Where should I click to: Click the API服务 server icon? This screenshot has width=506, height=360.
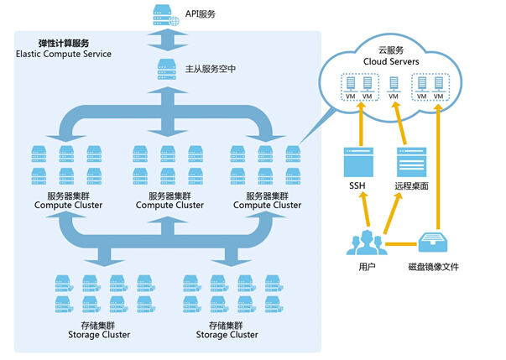[x=160, y=13]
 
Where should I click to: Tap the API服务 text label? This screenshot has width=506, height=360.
[x=201, y=14]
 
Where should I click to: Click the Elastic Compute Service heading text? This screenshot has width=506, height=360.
[x=64, y=54]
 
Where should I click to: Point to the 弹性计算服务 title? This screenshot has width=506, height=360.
[x=64, y=42]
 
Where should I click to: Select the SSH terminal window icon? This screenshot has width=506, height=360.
[x=358, y=159]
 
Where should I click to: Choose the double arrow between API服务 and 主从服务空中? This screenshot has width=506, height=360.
[x=160, y=41]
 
